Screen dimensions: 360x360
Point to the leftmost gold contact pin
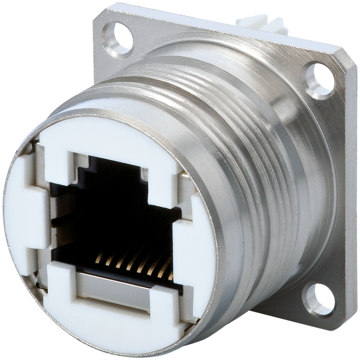coord(100,258)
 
